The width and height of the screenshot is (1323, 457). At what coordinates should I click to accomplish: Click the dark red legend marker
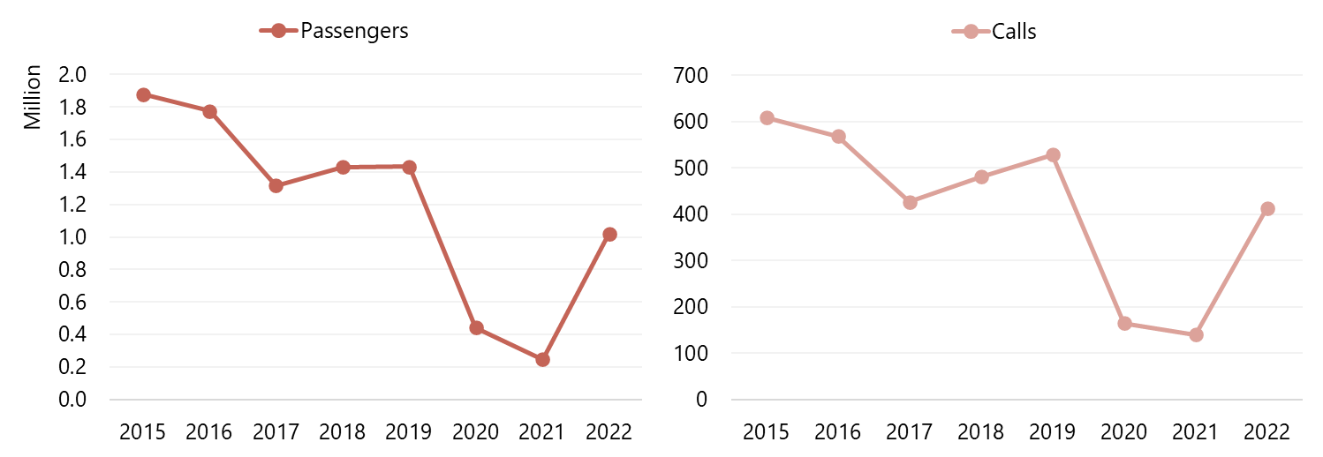click(x=278, y=31)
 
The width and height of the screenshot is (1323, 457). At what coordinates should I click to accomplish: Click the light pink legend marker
click(x=971, y=31)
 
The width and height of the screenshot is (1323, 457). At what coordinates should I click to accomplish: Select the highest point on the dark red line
click(x=143, y=94)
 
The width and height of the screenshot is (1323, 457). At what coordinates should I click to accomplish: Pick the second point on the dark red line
click(x=209, y=111)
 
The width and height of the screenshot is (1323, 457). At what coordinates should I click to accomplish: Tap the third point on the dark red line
click(x=276, y=185)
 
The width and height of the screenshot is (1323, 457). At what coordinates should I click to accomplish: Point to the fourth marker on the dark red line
click(x=343, y=167)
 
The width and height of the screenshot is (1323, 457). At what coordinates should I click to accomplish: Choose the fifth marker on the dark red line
click(x=410, y=167)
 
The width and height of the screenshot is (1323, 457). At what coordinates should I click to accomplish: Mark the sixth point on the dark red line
click(x=477, y=327)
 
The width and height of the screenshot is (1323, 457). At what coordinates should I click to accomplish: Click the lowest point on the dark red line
click(x=542, y=359)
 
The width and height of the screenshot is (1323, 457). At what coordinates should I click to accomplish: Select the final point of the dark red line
click(x=609, y=234)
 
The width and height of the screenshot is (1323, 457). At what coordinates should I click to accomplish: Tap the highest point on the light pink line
click(x=767, y=117)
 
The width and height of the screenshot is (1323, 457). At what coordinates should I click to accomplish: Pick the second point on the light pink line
click(x=838, y=136)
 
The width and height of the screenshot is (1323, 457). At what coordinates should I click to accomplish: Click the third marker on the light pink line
click(x=910, y=202)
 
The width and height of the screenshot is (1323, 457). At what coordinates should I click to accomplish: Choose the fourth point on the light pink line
click(x=981, y=176)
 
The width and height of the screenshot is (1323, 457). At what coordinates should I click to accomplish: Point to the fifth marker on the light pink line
click(x=1053, y=154)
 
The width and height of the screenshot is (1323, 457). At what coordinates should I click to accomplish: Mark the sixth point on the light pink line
click(x=1124, y=323)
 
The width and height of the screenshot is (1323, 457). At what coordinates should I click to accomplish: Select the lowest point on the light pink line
click(x=1196, y=334)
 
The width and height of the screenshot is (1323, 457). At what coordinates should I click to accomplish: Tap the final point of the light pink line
click(x=1267, y=208)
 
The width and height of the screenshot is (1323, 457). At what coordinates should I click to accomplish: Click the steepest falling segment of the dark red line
click(x=443, y=247)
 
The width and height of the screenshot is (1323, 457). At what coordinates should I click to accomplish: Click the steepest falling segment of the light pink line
click(x=1089, y=239)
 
